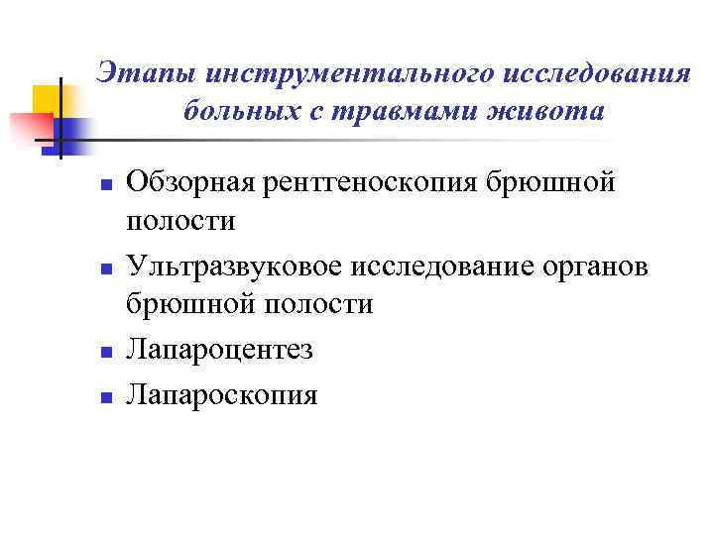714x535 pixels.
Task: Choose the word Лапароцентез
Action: click(x=219, y=350)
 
